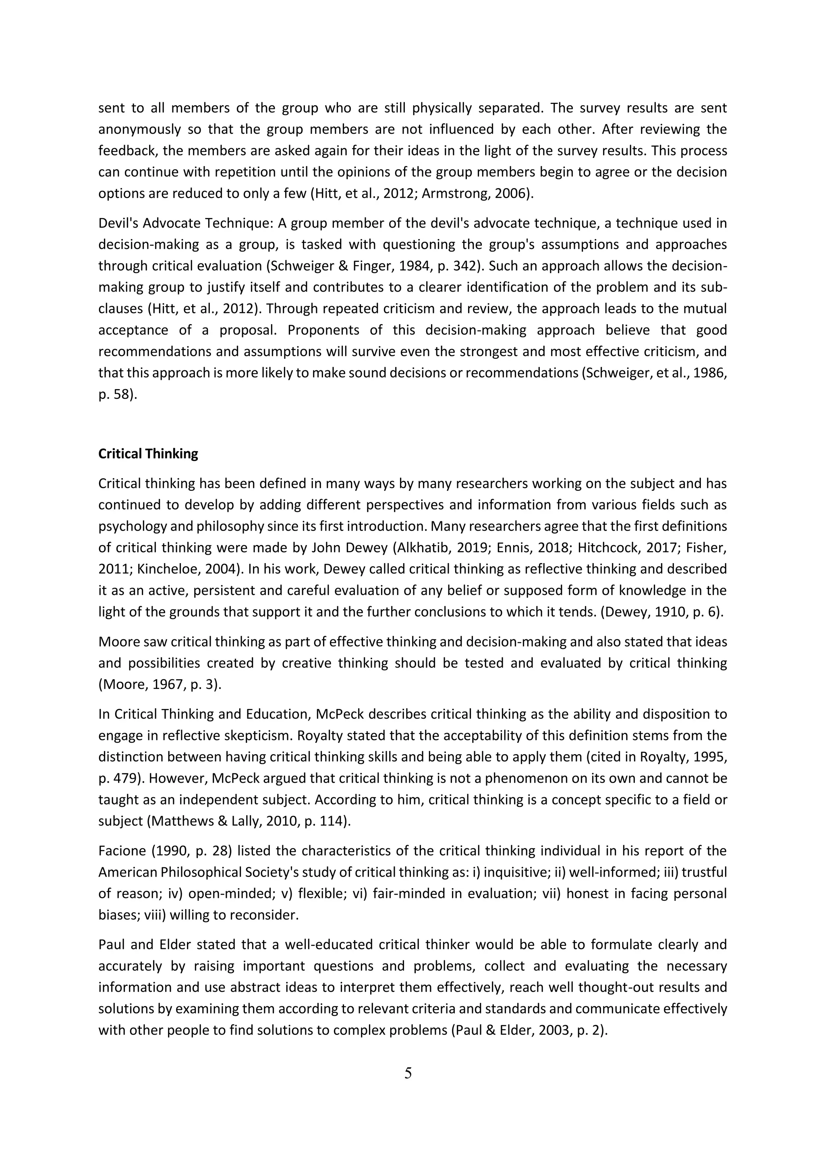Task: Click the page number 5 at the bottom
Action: pos(408,1074)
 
